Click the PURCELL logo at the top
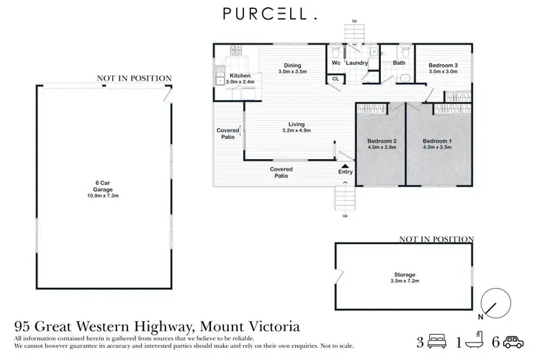coord(270,13)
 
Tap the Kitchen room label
coord(240,76)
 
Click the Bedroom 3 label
coord(444,65)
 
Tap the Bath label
coord(399,63)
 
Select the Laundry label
coord(357,63)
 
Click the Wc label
coord(336,63)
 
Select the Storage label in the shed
coord(405,274)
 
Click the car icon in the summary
coord(513,340)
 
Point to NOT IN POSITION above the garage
coord(135,78)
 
